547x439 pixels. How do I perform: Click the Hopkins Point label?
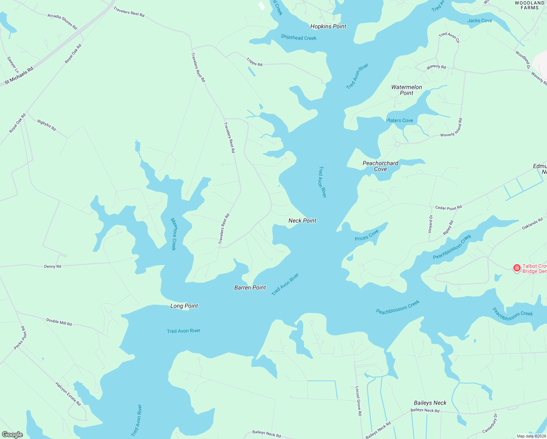(328, 26)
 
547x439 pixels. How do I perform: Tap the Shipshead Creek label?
(298, 38)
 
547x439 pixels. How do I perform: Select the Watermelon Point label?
(406, 90)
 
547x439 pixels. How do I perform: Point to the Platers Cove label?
(399, 120)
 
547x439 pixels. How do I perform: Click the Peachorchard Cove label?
(380, 166)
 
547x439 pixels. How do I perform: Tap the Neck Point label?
(302, 221)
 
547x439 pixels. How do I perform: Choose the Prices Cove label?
(366, 236)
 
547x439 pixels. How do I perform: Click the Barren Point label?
(250, 288)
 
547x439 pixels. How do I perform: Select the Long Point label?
(184, 306)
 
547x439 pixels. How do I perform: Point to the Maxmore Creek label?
(174, 234)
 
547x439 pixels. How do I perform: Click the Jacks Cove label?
(479, 20)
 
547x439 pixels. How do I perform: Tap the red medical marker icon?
(517, 268)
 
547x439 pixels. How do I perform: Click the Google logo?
(12, 435)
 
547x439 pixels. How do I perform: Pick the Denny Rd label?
(53, 266)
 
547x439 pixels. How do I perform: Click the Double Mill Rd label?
(59, 322)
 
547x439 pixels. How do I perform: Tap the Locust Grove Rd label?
(358, 401)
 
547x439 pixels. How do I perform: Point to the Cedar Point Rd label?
(448, 207)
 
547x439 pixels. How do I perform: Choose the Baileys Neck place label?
(430, 403)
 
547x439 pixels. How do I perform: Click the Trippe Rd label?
(254, 62)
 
